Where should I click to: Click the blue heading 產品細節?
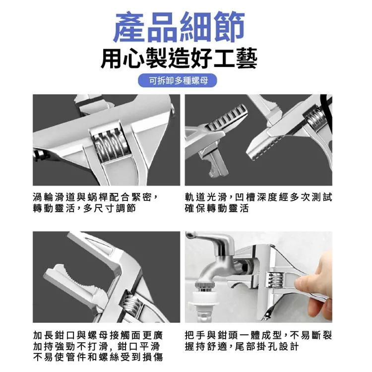pyautogui.click(x=179, y=27)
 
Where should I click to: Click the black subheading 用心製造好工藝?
pyautogui.click(x=179, y=58)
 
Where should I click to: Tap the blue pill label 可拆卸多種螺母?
pyautogui.click(x=178, y=80)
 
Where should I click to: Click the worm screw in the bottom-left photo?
pyautogui.click(x=131, y=303)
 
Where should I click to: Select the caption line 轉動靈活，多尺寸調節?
pyautogui.click(x=84, y=208)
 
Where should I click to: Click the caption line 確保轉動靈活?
pyautogui.click(x=217, y=208)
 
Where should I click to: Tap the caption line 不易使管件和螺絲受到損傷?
pyautogui.click(x=98, y=357)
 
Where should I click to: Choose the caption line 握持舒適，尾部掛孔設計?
pyautogui.click(x=242, y=346)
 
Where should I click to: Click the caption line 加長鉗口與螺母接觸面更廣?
pyautogui.click(x=98, y=335)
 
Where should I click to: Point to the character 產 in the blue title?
pyautogui.click(x=129, y=27)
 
